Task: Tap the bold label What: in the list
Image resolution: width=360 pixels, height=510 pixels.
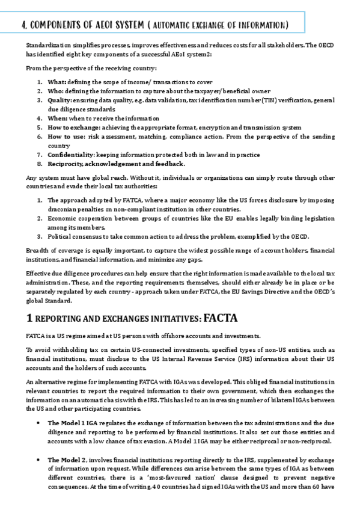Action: [x=57, y=81]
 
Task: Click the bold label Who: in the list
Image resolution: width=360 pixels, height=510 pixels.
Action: [x=56, y=91]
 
